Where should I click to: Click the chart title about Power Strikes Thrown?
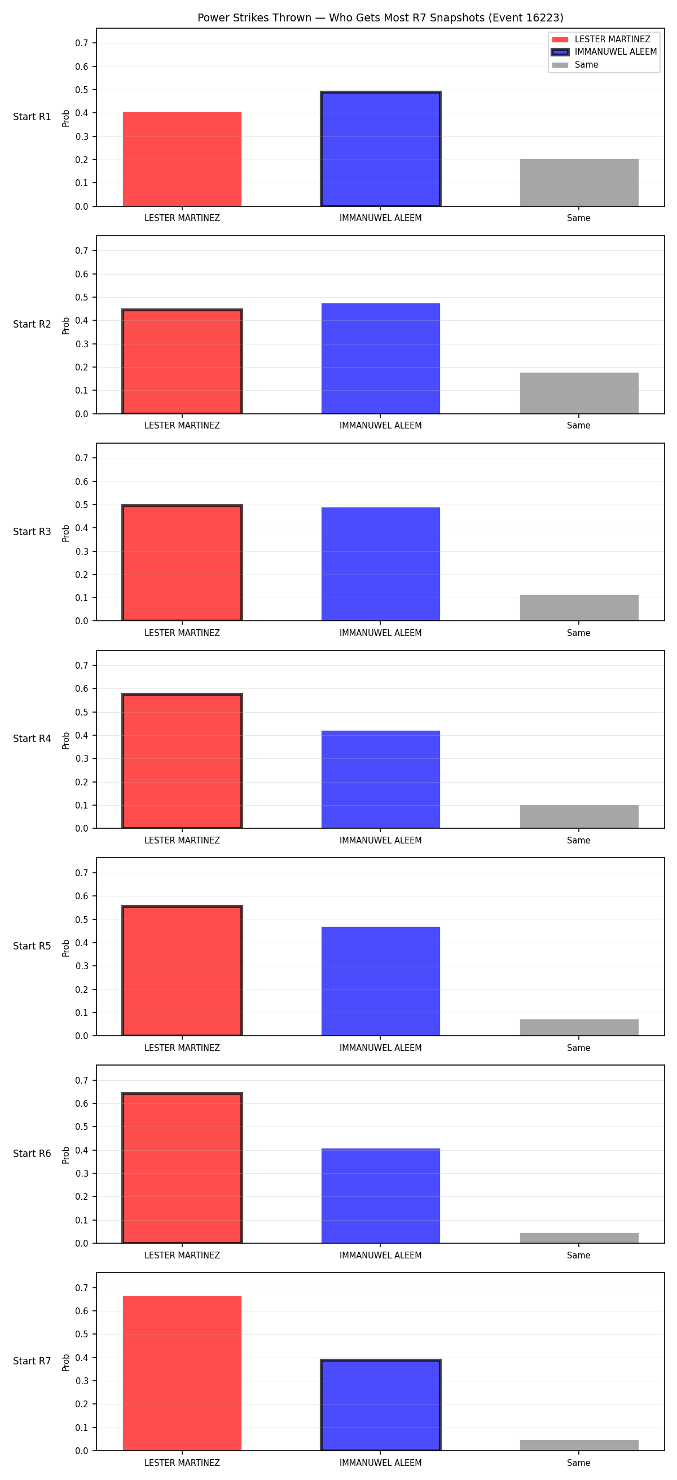[x=380, y=18]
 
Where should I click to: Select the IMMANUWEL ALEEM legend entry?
[x=604, y=52]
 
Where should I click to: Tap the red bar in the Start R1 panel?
[x=182, y=159]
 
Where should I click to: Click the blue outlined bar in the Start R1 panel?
[x=380, y=149]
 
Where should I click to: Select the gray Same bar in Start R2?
[x=579, y=393]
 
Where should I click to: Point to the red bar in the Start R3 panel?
[x=182, y=563]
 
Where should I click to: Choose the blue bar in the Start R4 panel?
[x=380, y=780]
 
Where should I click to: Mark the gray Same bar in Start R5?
[x=579, y=1027]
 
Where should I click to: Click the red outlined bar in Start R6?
[x=182, y=1168]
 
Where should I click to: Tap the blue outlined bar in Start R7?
[x=380, y=1405]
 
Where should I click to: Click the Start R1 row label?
[x=32, y=117]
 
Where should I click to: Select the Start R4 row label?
[x=32, y=739]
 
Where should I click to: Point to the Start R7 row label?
[x=32, y=1361]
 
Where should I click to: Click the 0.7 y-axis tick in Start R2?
[x=82, y=250]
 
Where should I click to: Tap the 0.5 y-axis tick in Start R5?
[x=82, y=920]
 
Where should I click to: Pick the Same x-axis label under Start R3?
[x=579, y=633]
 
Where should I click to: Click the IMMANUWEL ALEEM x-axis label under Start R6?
[x=380, y=1256]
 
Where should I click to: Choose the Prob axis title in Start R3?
[x=66, y=533]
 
